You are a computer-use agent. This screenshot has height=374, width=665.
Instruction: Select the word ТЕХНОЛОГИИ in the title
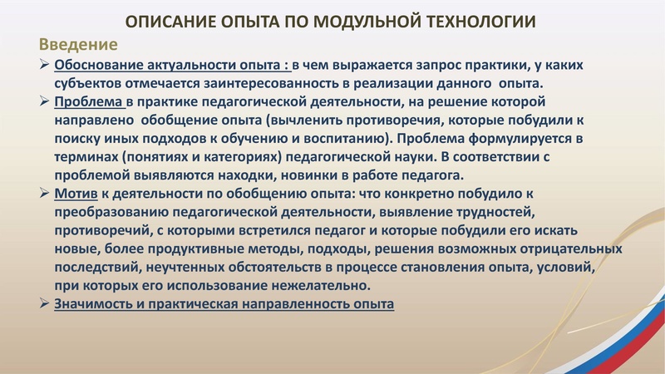click(x=488, y=21)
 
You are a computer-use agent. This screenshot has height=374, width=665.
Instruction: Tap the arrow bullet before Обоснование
click(x=46, y=65)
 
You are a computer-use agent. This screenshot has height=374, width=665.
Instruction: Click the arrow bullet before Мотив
click(x=46, y=194)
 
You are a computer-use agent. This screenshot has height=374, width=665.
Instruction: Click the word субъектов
click(x=91, y=83)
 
